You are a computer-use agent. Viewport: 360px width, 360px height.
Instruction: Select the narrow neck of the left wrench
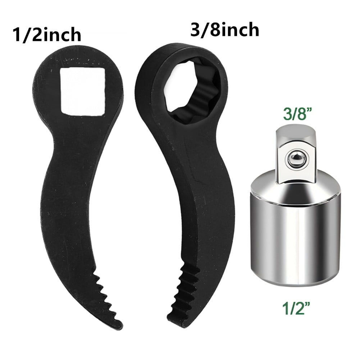(68, 144)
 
